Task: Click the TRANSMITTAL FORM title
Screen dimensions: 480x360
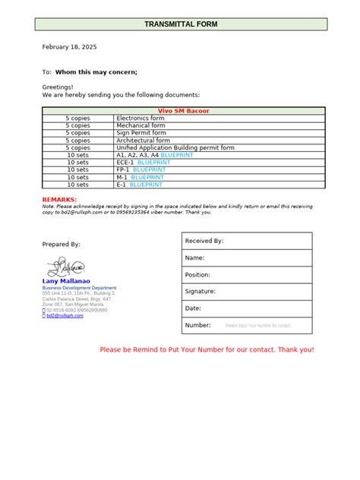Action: (181, 24)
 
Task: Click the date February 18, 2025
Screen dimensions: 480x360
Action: (69, 47)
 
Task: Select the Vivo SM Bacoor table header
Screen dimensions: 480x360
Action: (184, 111)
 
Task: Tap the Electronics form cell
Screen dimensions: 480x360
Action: (141, 118)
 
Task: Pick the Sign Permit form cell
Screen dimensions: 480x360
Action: (141, 133)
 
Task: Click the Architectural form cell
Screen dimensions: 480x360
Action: (144, 141)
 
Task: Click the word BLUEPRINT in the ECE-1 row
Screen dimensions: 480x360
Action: (154, 163)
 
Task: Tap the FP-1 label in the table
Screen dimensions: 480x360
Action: (125, 169)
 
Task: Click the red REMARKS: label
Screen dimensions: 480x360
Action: (60, 199)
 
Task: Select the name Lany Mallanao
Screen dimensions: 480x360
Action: (66, 281)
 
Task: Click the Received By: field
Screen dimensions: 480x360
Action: (204, 241)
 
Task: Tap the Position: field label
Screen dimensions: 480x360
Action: (197, 274)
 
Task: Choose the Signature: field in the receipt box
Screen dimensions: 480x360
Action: (201, 291)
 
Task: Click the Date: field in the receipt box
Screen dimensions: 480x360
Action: (193, 308)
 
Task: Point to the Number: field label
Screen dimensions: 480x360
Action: (197, 325)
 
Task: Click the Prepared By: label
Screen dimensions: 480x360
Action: (62, 245)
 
